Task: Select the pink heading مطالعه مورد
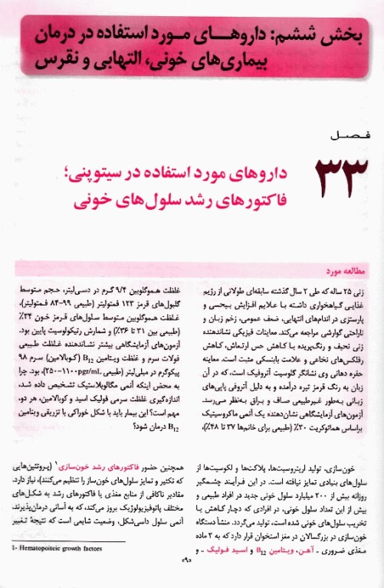[350, 270]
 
